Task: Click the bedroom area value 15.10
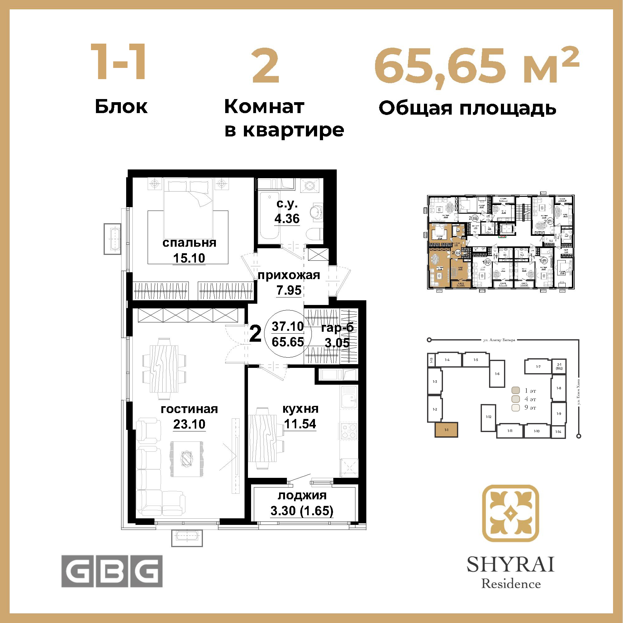coord(189,258)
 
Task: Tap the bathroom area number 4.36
coord(287,219)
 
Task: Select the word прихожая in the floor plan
coord(289,275)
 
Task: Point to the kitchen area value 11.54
coord(300,424)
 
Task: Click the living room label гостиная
coord(189,409)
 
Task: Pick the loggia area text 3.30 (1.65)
coord(302,511)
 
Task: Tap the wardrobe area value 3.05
coord(337,343)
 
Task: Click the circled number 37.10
coord(288,326)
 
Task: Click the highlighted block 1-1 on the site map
coord(446,430)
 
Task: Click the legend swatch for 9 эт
coord(516,407)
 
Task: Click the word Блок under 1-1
coord(121,107)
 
